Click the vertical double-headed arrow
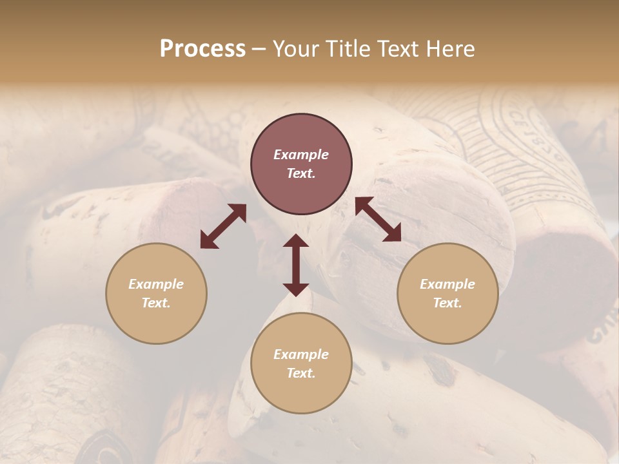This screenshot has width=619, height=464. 296,265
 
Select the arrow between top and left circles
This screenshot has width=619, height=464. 223,226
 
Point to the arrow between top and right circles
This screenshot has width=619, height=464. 378,219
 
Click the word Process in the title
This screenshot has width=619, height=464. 202,49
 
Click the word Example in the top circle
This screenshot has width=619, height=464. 301,155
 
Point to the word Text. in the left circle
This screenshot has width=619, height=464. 156,303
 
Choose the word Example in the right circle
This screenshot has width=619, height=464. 447,284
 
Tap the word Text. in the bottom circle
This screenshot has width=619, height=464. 301,373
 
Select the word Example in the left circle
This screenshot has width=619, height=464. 156,284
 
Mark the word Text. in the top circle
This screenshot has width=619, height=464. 301,173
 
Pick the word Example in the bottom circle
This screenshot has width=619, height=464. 301,354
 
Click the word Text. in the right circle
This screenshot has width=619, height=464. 447,303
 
